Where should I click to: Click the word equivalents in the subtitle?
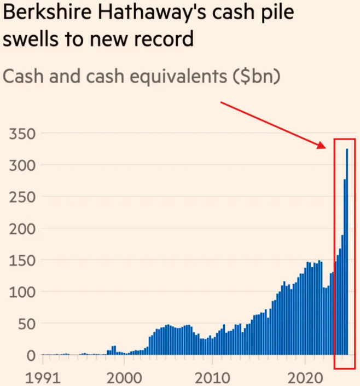point(161,77)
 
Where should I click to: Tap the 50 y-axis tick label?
point(26,324)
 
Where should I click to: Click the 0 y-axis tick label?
point(31,355)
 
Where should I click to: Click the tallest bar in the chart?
point(347,252)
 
